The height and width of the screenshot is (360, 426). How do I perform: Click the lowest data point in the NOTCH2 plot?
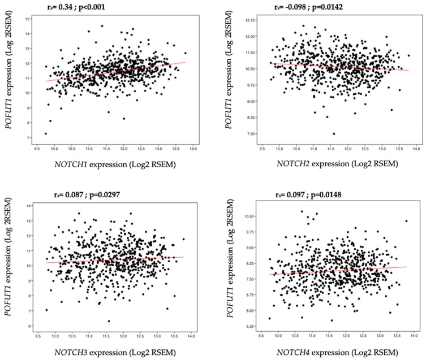point(334,134)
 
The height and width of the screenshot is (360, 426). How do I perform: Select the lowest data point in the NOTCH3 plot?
point(109,321)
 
